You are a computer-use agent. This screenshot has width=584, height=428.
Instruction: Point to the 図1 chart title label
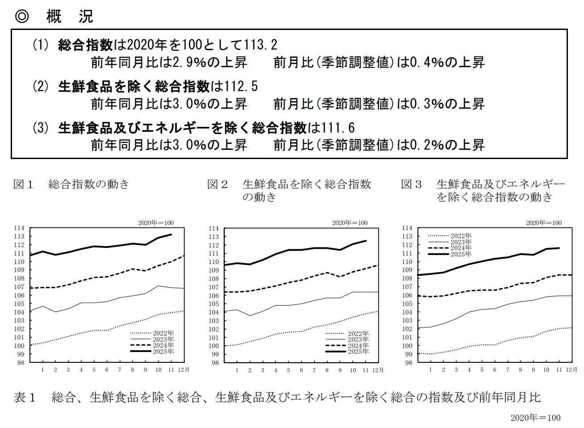coord(23,184)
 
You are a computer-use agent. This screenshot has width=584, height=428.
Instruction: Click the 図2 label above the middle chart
coord(217,184)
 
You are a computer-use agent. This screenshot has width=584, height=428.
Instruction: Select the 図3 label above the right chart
coord(411,184)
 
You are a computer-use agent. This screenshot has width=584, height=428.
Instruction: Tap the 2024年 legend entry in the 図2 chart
coord(358,345)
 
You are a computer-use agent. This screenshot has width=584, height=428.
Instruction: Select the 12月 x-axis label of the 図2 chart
coord(378,370)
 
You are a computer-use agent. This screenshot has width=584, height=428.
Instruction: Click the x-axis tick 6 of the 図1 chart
coord(107,370)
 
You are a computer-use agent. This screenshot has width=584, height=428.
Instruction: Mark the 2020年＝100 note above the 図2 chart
coord(350,223)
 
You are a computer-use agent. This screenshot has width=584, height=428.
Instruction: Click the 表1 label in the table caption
coord(25,397)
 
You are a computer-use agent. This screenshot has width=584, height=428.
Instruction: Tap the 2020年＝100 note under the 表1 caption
coord(535,418)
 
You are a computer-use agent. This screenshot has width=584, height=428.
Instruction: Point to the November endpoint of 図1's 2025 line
coord(171,234)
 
